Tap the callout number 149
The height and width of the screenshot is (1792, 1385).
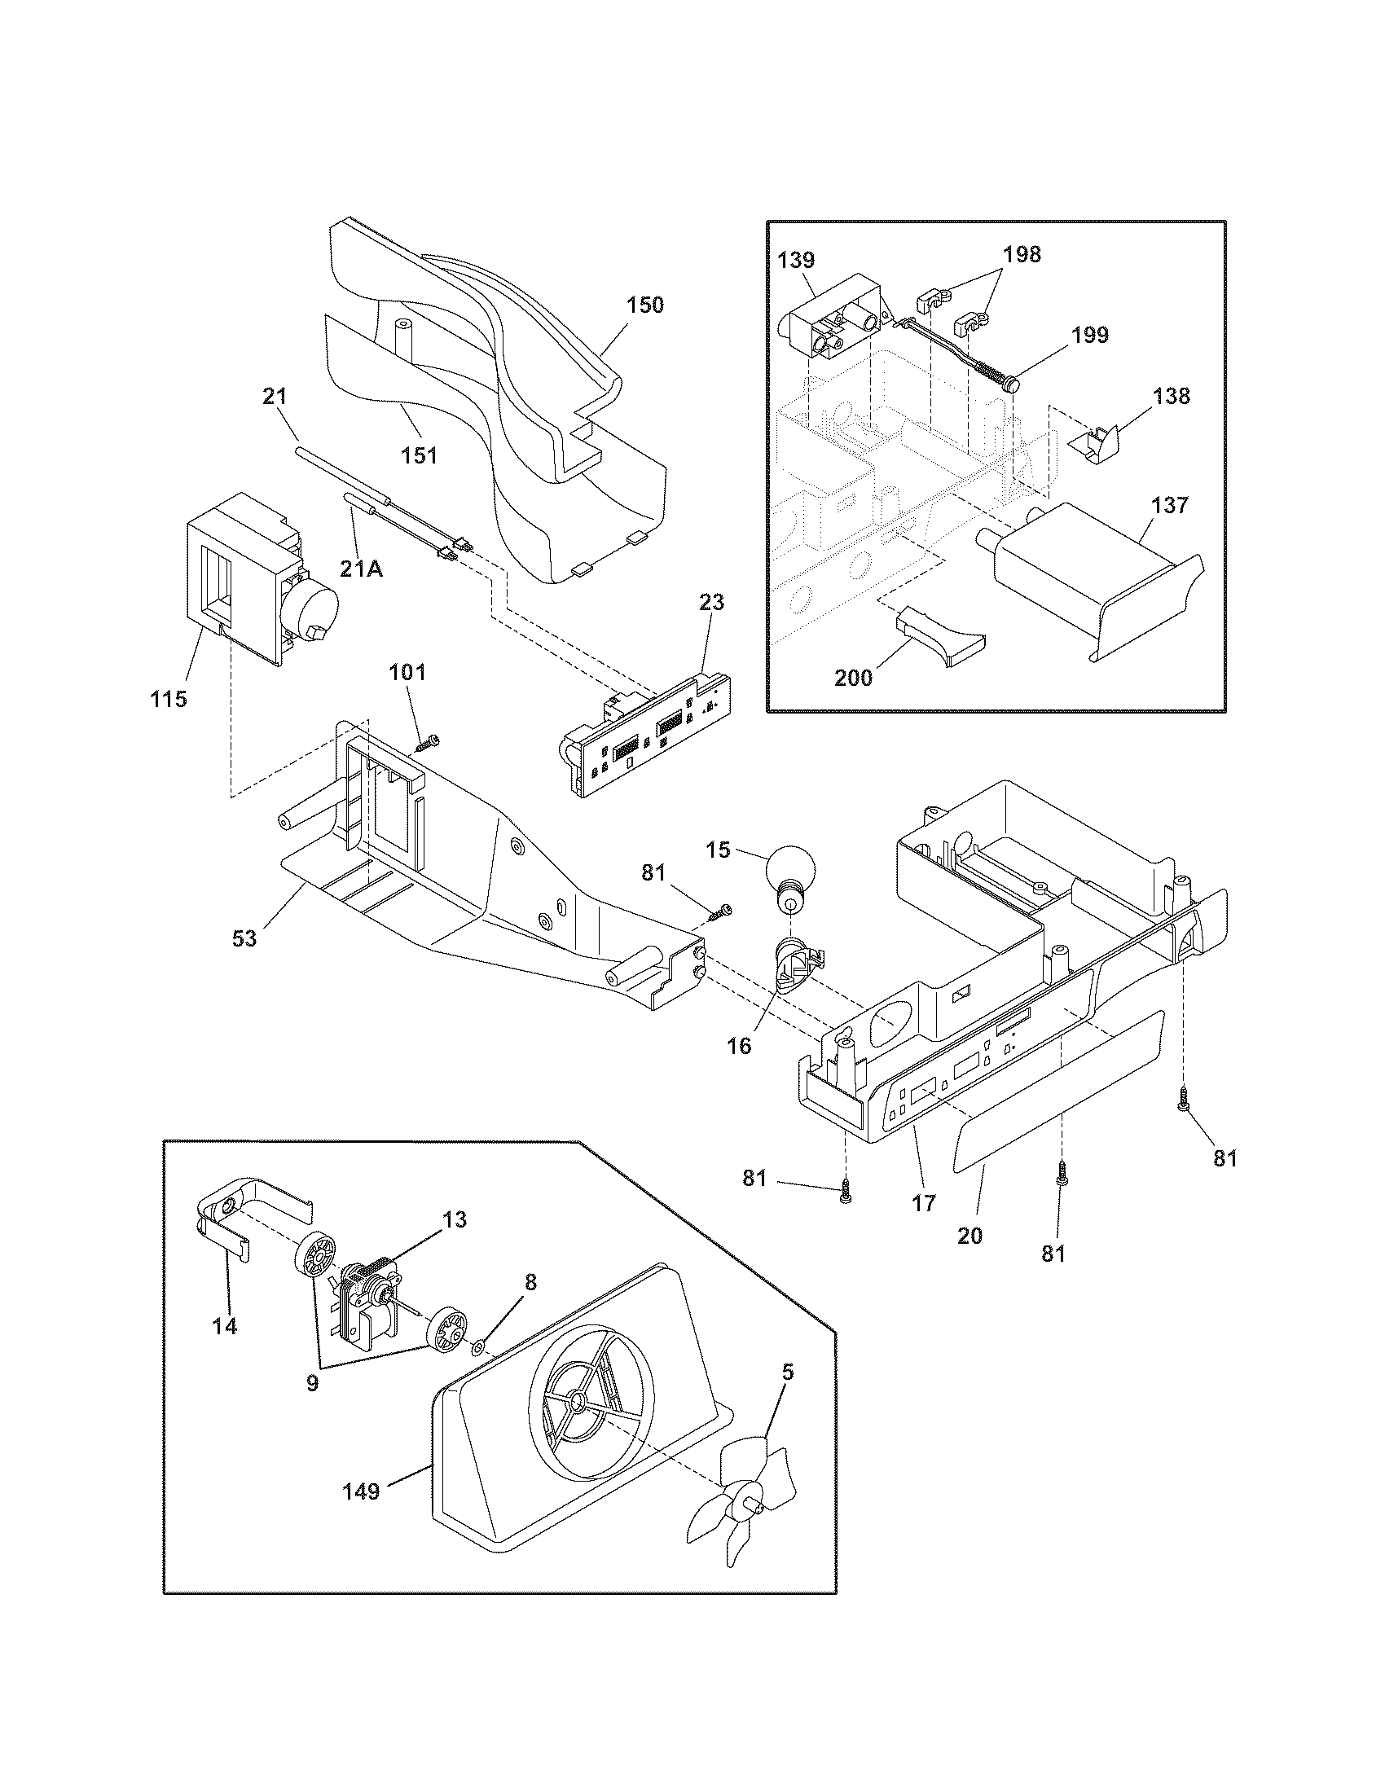point(362,1491)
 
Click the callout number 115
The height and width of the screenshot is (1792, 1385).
point(168,699)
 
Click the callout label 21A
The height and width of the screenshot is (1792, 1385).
point(362,568)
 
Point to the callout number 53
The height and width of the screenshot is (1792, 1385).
point(244,938)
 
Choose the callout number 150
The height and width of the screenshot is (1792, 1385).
point(645,305)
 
